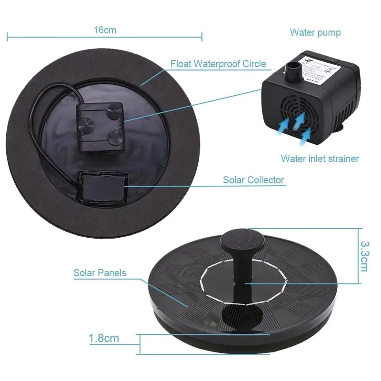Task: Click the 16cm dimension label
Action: (x=105, y=30)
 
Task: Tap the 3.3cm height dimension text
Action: (x=364, y=255)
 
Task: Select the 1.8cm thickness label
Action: (x=104, y=339)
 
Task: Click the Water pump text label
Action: (x=315, y=33)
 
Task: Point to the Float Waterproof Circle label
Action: (x=218, y=64)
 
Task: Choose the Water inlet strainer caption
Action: (x=320, y=159)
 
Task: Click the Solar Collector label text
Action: (x=253, y=180)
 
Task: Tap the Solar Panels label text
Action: (x=100, y=273)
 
